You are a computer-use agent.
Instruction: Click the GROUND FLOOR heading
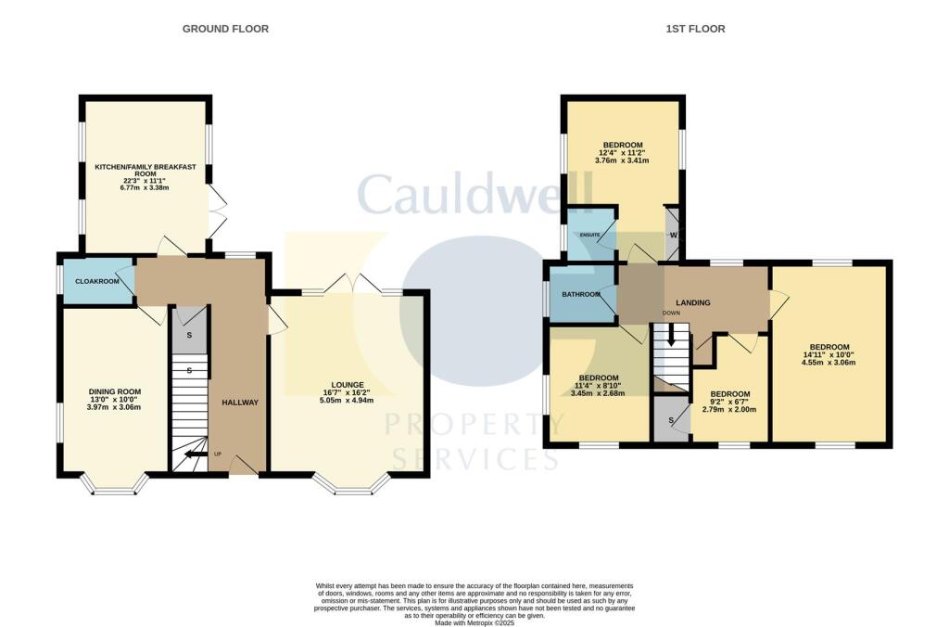pos(225,29)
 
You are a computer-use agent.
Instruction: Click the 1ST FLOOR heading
pos(695,29)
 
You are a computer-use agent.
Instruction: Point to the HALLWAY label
pos(239,402)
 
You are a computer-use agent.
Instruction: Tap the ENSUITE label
pos(591,235)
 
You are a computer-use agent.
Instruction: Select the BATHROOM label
pos(582,295)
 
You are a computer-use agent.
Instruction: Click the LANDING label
pos(692,302)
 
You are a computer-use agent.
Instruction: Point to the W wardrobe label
pos(673,234)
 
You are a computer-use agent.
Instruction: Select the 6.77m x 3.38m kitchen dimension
pos(145,187)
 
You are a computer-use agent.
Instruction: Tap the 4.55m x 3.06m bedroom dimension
pos(829,363)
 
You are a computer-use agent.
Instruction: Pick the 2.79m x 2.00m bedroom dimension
pos(729,409)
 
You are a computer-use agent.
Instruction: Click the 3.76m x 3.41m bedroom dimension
pos(623,160)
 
